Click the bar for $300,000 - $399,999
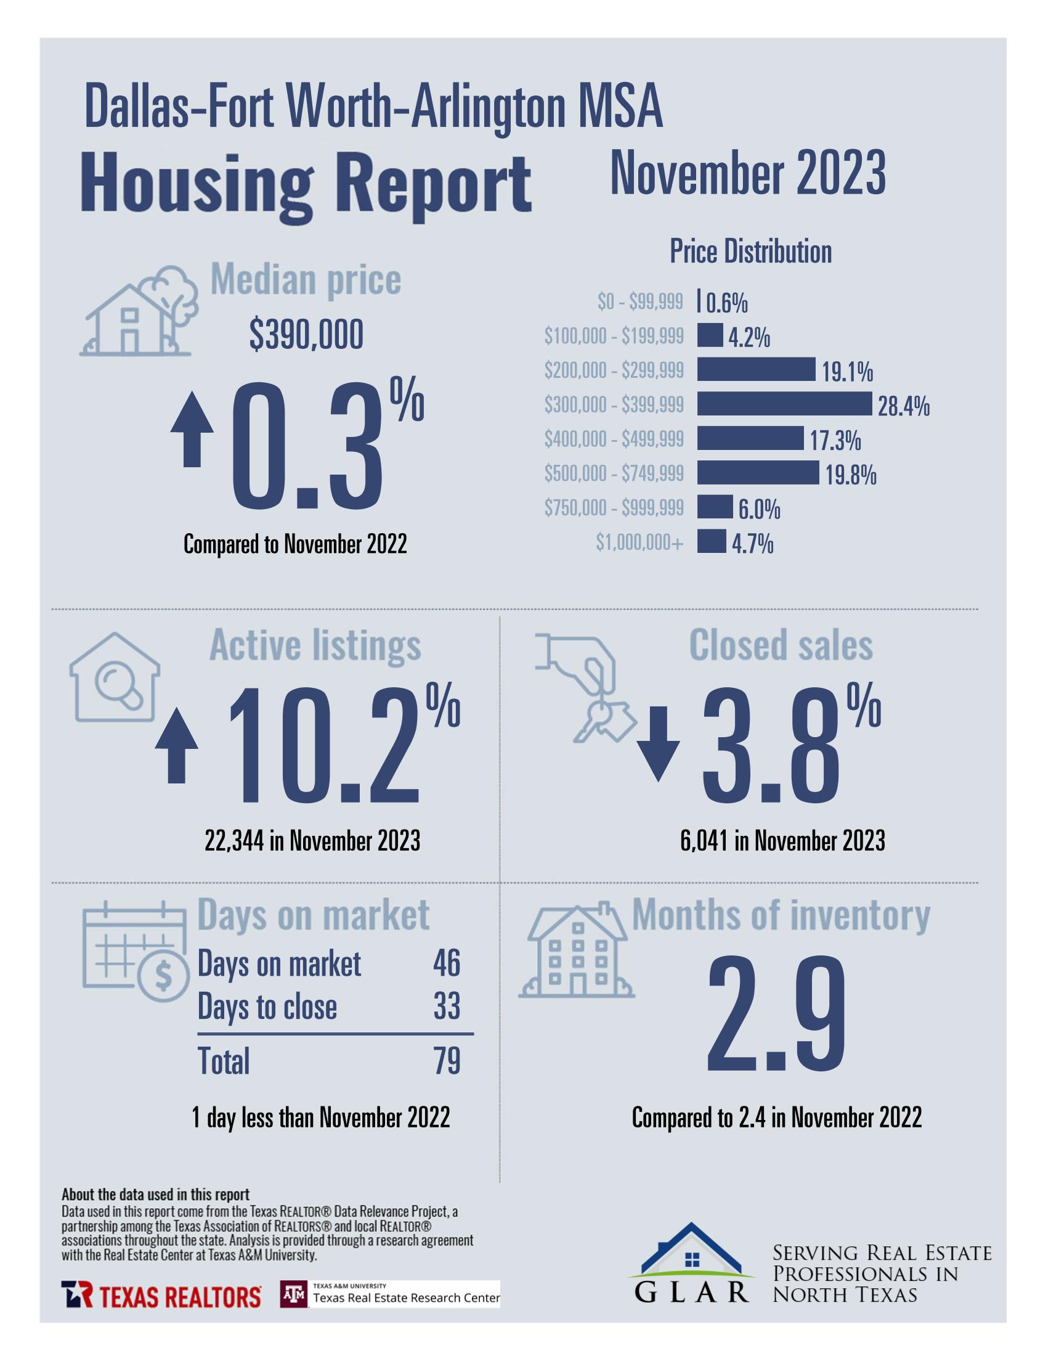[x=784, y=404]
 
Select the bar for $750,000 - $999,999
[x=715, y=507]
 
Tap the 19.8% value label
[x=851, y=475]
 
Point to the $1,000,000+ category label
[x=639, y=543]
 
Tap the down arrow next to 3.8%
[x=658, y=744]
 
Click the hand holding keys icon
[x=586, y=686]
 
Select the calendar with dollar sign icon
[x=134, y=950]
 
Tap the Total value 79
[x=447, y=1061]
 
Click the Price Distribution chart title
[x=750, y=251]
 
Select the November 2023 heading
[x=747, y=174]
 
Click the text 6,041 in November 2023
[x=782, y=841]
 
